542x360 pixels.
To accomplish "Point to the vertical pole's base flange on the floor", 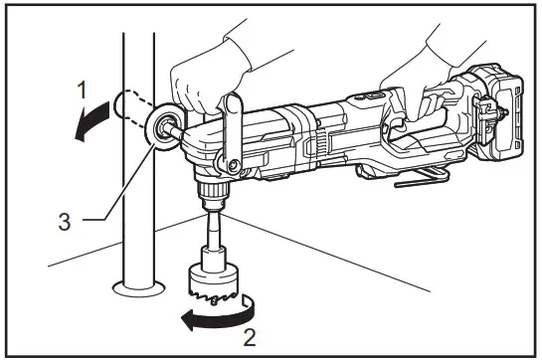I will click(137, 289).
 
